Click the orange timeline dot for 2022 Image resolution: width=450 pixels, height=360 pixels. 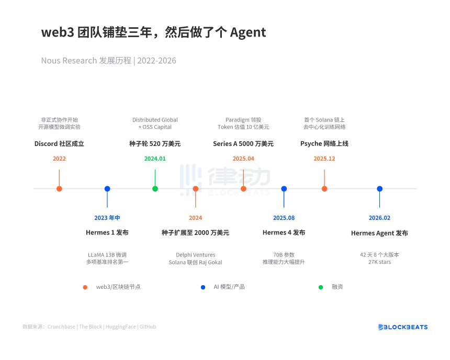pyautogui.click(x=59, y=189)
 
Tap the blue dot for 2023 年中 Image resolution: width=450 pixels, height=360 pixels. pyautogui.click(x=107, y=189)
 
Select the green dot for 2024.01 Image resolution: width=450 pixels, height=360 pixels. pyautogui.click(x=155, y=189)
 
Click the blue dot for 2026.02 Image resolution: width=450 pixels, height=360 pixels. pyautogui.click(x=379, y=189)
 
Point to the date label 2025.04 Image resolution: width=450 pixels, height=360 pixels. pyautogui.click(x=243, y=159)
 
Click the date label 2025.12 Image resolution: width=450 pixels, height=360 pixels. pyautogui.click(x=324, y=159)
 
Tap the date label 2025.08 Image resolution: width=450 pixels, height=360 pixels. pyautogui.click(x=284, y=218)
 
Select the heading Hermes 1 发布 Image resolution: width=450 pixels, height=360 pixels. pyautogui.click(x=107, y=233)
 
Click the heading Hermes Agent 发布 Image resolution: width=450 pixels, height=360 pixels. pyautogui.click(x=379, y=233)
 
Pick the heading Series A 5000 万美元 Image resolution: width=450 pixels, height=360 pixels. pyautogui.click(x=243, y=144)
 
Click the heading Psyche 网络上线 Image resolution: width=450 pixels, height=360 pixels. pyautogui.click(x=324, y=144)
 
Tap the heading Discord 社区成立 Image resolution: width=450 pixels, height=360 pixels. pyautogui.click(x=59, y=144)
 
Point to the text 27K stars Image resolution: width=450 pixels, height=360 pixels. pyautogui.click(x=379, y=262)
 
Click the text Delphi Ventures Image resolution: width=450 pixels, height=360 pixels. pyautogui.click(x=196, y=255)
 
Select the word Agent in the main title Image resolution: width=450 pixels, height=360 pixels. pyautogui.click(x=248, y=32)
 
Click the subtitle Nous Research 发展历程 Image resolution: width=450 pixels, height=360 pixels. pyautogui.click(x=86, y=61)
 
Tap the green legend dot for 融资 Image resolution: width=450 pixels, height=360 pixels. pyautogui.click(x=321, y=287)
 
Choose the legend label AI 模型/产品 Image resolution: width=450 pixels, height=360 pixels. pyautogui.click(x=229, y=287)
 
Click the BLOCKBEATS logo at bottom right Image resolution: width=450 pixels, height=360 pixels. pyautogui.click(x=403, y=327)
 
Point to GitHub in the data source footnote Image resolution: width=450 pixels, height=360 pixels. pyautogui.click(x=148, y=327)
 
